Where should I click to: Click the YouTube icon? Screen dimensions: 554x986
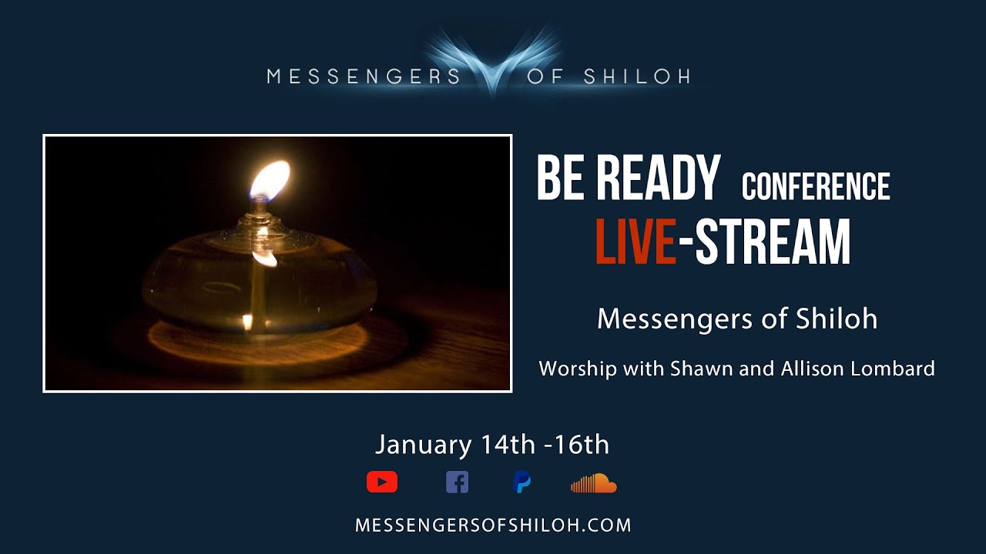point(382,482)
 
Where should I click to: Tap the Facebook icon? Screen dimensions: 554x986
point(457,482)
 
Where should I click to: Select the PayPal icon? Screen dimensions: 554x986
point(522,482)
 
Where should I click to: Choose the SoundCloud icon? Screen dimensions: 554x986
point(593,483)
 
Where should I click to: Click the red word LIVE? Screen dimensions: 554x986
point(636,242)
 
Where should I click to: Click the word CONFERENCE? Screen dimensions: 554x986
point(816,187)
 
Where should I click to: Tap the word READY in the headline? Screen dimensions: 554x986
point(658,179)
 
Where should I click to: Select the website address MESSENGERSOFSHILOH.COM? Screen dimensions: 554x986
point(493,526)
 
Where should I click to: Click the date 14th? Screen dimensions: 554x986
point(507,445)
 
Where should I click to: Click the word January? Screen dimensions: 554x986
point(423,446)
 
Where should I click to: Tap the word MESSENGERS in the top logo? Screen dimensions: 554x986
point(364,76)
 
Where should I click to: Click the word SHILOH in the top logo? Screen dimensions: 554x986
point(636,76)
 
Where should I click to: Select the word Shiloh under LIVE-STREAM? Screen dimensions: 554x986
point(839,319)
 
